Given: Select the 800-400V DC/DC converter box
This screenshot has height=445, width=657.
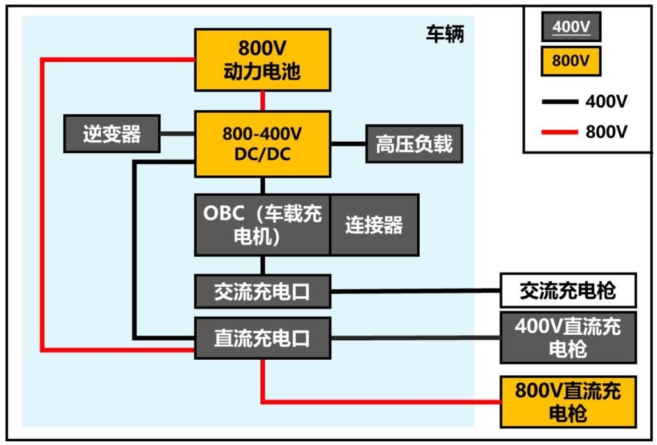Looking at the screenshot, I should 262,143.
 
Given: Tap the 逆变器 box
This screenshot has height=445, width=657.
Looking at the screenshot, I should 112,134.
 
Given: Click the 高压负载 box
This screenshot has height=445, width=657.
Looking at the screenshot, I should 413,143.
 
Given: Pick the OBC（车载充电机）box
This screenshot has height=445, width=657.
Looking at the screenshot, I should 262,225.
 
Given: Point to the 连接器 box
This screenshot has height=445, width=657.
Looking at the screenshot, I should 374,225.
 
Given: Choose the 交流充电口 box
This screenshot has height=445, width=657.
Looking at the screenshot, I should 262,291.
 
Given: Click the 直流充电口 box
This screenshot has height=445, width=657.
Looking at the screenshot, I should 262,338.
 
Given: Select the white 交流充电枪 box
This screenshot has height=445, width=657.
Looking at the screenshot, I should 568,290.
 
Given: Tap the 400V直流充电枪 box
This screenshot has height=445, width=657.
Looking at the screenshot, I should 568,337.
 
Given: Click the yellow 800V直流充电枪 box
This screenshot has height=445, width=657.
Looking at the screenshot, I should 568,401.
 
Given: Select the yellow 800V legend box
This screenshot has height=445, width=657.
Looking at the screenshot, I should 570,61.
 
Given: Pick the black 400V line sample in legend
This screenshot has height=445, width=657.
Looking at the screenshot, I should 558,101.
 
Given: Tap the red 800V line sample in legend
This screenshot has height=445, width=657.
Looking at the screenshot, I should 558,132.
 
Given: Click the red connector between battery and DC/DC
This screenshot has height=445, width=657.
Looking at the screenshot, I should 262,101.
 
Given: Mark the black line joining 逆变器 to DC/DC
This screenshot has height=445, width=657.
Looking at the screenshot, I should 177,134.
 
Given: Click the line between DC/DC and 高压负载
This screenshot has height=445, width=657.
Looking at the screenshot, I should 347,143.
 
